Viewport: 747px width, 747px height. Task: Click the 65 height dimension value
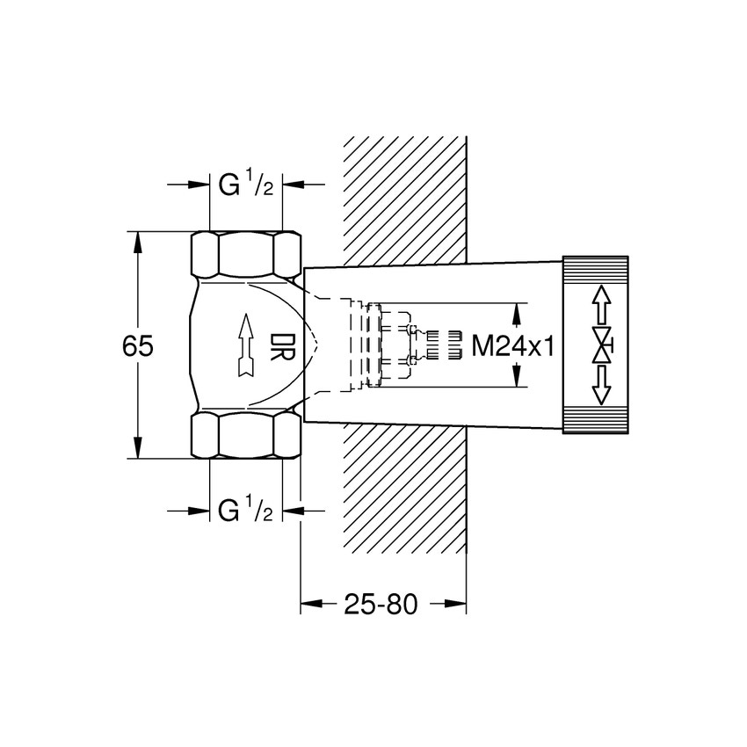pos(138,346)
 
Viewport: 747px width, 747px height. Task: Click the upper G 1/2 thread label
pos(245,185)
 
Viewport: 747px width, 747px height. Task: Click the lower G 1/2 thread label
pos(245,511)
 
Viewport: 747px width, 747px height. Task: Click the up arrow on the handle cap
pos(601,305)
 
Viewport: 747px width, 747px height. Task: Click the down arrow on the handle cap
pos(601,385)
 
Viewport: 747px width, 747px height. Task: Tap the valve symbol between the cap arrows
pos(602,345)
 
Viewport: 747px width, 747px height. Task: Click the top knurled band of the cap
pos(596,268)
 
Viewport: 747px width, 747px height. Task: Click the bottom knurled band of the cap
pos(596,423)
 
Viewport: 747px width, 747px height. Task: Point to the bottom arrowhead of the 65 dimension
pos(137,449)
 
